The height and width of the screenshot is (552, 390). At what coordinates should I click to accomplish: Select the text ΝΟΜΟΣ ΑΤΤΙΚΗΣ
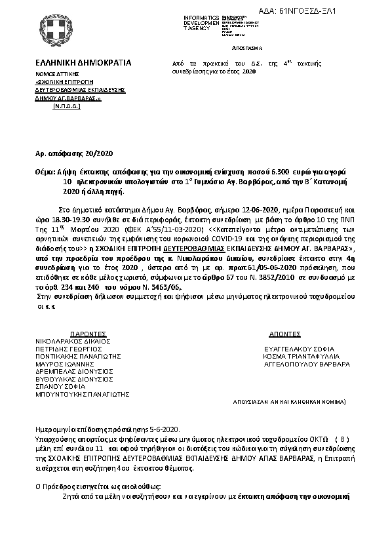(x=58, y=76)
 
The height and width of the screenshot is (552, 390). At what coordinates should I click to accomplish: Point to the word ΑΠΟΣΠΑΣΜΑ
(x=246, y=49)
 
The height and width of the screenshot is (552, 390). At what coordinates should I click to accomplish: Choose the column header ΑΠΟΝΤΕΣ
(x=284, y=334)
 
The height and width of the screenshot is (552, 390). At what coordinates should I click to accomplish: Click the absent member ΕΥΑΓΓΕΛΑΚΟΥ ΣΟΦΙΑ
(x=299, y=349)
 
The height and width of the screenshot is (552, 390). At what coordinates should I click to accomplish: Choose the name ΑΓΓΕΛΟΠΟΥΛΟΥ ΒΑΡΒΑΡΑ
(x=306, y=363)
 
